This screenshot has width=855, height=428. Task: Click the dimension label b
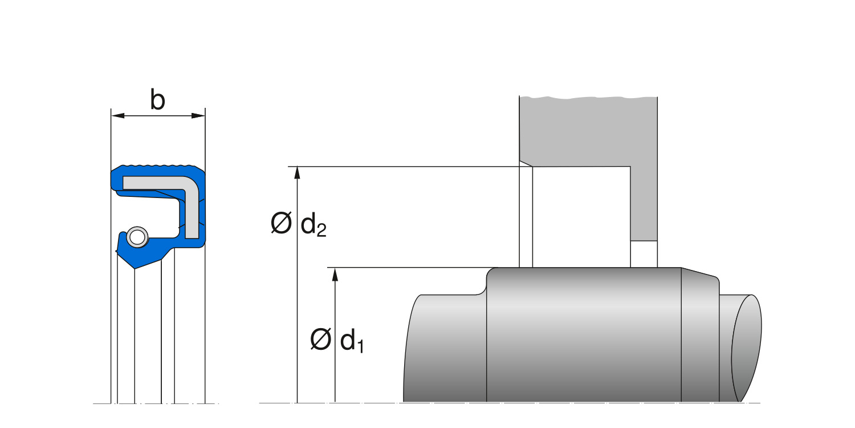[x=158, y=99]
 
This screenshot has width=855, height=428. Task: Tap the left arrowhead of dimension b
[x=117, y=115]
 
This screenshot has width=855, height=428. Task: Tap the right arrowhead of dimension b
[x=198, y=115]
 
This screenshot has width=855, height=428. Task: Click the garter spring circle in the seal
[x=137, y=237]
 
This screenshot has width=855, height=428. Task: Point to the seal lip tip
[x=134, y=268]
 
